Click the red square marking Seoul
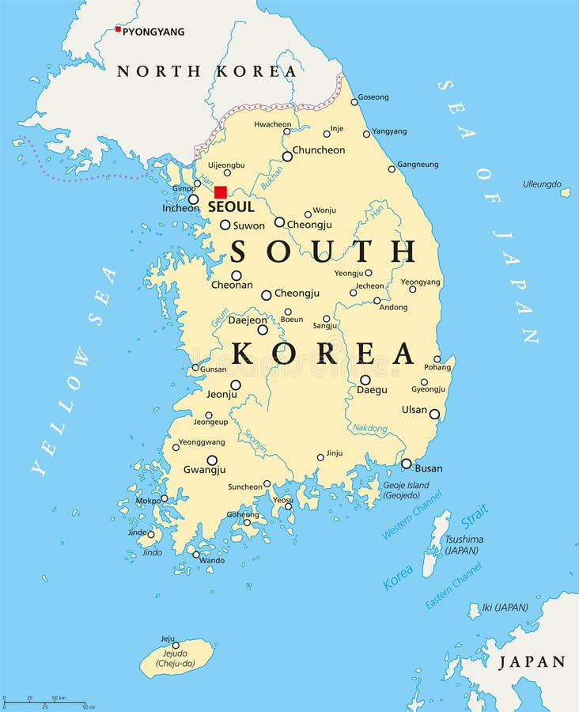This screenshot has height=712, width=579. [221, 191]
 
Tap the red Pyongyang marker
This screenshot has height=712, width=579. [118, 29]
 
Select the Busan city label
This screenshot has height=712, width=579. [429, 468]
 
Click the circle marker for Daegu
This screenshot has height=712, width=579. [365, 380]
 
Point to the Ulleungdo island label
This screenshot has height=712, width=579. [542, 184]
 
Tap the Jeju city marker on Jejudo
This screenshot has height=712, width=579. [176, 645]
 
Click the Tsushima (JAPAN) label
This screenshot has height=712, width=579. [464, 544]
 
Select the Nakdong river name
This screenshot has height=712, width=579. [369, 429]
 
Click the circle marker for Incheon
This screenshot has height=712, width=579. [193, 199]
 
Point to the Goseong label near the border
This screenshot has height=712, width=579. [373, 97]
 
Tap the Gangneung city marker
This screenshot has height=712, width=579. [392, 169]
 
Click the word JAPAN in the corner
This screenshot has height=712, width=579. [532, 662]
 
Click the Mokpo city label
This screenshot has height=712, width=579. [148, 501]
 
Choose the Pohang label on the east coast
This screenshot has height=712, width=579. [437, 367]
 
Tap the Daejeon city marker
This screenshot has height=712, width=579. [263, 330]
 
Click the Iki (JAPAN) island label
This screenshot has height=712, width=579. [505, 608]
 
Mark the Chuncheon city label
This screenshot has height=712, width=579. [319, 150]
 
